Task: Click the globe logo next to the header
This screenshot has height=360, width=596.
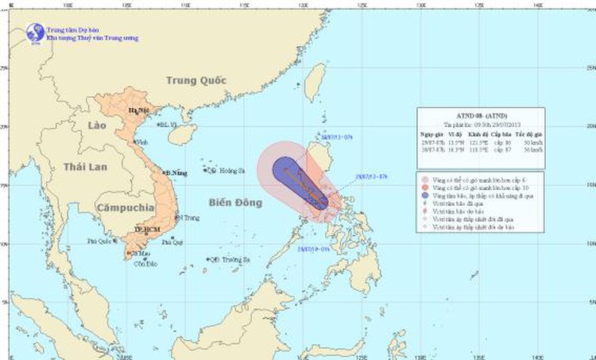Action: pos(35,33)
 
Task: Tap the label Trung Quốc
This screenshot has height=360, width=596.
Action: pos(196,80)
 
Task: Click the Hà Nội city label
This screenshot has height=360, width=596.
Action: pos(138,112)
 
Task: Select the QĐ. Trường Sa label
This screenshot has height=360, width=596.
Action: pos(231,259)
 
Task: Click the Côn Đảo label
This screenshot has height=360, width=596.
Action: pos(140,263)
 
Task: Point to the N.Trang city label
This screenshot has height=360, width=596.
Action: pos(188,217)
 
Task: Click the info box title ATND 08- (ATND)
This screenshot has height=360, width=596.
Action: pos(481,114)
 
